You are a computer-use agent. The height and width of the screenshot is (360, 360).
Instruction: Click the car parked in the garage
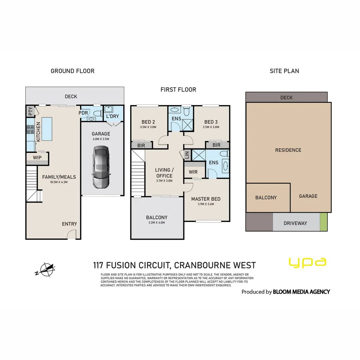[101, 167]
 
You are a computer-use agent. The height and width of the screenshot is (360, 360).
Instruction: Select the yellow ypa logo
[307, 262]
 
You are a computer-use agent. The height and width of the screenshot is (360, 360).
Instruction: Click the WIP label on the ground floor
[37, 158]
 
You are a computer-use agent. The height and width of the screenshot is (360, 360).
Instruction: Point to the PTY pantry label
[30, 111]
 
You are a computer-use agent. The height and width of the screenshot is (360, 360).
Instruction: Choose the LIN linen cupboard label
[187, 155]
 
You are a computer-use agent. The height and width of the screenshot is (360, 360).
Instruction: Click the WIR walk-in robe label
[193, 172]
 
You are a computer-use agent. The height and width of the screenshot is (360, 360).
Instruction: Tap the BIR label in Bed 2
[141, 145]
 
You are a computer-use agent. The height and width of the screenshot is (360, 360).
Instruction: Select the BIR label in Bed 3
[216, 145]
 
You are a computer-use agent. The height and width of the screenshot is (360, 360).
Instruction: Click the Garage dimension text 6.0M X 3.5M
[101, 139]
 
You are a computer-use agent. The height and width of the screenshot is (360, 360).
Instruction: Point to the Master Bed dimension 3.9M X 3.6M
[206, 204]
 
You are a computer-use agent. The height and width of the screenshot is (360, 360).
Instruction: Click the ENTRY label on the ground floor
[69, 224]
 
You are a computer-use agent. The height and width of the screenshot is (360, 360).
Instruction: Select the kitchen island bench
[48, 129]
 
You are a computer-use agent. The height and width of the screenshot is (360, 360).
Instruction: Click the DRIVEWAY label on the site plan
[295, 223]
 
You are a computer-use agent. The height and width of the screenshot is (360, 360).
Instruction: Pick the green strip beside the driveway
[323, 222]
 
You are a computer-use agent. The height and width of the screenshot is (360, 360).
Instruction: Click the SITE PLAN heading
[284, 71]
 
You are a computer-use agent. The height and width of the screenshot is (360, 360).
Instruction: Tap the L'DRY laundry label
[113, 116]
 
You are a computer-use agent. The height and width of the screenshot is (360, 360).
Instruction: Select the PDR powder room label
[83, 113]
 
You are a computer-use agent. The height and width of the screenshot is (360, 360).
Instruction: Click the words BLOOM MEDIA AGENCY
[301, 292]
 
